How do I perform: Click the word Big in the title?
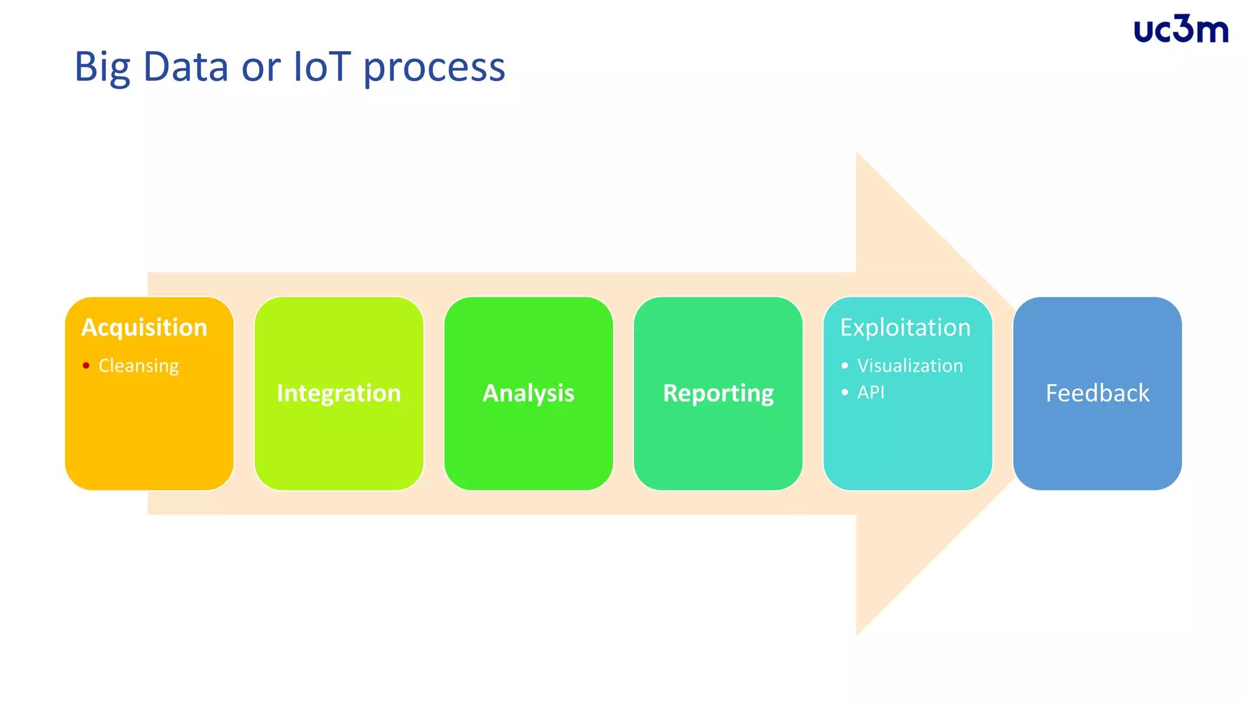[x=102, y=67]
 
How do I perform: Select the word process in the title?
[x=434, y=68]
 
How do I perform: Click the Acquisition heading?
[x=144, y=327]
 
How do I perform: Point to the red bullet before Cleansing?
[x=86, y=366]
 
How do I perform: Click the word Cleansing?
[x=139, y=366]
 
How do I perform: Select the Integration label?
[x=339, y=393]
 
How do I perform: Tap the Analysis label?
[x=529, y=393]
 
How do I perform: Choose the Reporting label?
[x=718, y=393]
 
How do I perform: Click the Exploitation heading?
[x=905, y=327]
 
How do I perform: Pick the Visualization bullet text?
[x=910, y=366]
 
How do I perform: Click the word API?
[x=871, y=392]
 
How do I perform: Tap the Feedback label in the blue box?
[x=1097, y=393]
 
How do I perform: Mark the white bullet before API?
[x=845, y=392]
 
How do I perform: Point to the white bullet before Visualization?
[x=845, y=366]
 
